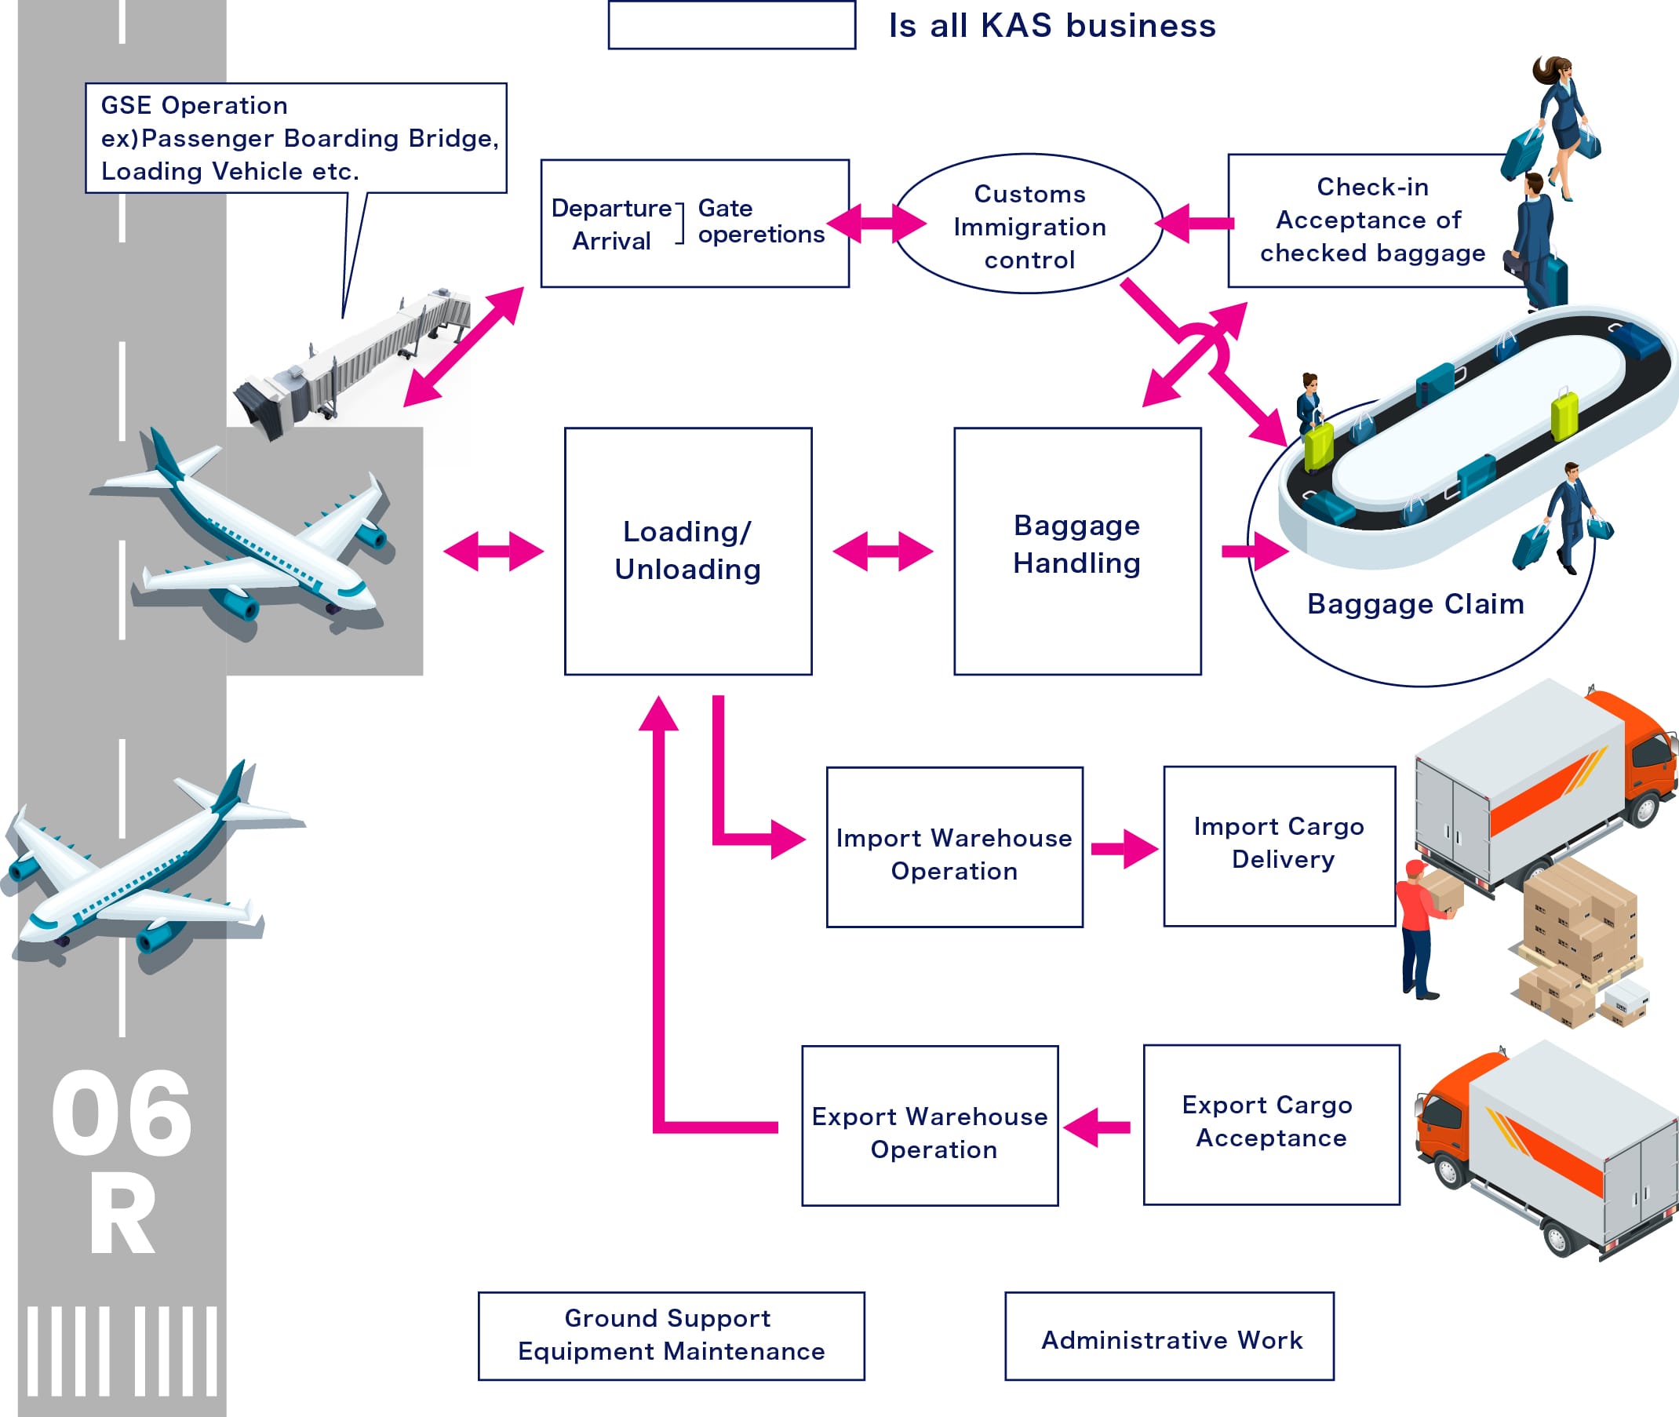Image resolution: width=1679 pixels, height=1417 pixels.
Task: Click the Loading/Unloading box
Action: (x=687, y=551)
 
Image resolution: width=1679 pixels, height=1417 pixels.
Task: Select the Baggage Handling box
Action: (x=1076, y=551)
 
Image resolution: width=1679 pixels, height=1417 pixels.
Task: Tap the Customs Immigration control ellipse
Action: (x=1029, y=225)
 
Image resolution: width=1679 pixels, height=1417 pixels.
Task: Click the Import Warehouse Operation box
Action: (x=954, y=847)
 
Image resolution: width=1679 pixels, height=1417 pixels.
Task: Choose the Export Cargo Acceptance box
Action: (x=1271, y=1124)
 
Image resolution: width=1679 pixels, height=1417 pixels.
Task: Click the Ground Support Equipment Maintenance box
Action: (x=671, y=1337)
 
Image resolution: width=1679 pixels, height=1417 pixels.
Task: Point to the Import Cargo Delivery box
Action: (x=1279, y=846)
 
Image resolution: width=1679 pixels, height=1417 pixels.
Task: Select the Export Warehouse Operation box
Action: (x=930, y=1126)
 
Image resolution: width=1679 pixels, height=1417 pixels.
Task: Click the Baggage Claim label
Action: (x=1415, y=604)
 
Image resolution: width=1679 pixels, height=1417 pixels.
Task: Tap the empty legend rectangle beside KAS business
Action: (x=731, y=26)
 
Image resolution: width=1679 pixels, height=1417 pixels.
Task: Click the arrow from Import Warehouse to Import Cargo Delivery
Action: (x=1123, y=848)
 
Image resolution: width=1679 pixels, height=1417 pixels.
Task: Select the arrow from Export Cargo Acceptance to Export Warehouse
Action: (x=1098, y=1127)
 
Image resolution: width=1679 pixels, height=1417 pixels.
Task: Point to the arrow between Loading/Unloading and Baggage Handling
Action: (x=882, y=551)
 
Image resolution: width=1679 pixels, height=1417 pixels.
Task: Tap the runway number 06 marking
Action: (x=122, y=1115)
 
